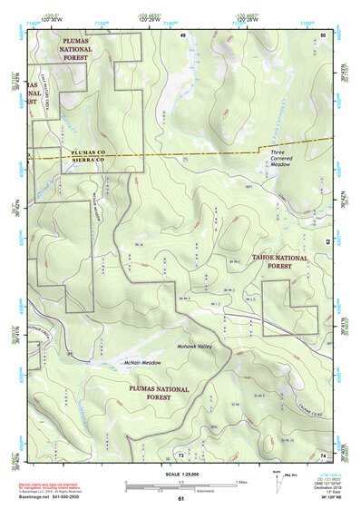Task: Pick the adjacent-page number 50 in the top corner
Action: pos(324,34)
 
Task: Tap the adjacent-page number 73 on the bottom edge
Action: pos(180,454)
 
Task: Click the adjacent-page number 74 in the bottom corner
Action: pos(323,454)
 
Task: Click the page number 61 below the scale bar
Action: pos(180,498)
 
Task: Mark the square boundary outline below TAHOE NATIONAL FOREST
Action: pos(290,308)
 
